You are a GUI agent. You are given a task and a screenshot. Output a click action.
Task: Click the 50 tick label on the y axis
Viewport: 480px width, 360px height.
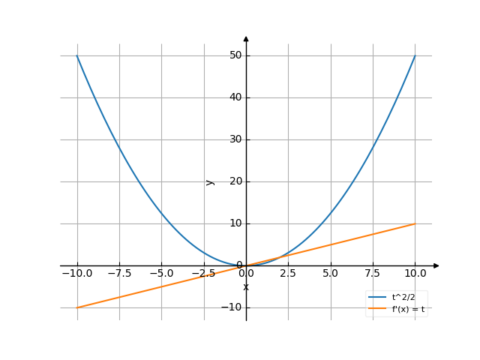click(x=235, y=55)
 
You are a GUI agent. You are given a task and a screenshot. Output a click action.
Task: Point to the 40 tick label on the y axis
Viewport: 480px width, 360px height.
click(x=235, y=97)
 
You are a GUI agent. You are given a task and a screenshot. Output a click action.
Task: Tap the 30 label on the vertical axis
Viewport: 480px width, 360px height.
click(x=235, y=139)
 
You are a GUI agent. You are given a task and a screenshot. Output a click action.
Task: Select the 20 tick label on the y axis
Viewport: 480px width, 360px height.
click(x=235, y=181)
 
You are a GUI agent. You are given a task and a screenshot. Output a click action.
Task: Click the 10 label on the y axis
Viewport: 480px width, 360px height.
click(x=235, y=223)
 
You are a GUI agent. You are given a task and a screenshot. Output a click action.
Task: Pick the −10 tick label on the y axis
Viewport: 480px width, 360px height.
click(x=233, y=307)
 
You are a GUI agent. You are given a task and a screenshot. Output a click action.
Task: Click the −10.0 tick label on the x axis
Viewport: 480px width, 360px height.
click(x=76, y=274)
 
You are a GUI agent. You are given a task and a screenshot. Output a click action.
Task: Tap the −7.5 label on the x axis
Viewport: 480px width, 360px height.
click(x=118, y=274)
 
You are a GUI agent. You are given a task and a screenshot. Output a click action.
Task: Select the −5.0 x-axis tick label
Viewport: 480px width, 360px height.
click(x=161, y=274)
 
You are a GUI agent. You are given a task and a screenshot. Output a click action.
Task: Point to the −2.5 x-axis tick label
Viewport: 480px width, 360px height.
click(x=203, y=274)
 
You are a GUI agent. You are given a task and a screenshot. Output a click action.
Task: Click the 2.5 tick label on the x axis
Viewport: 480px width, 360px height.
click(x=288, y=274)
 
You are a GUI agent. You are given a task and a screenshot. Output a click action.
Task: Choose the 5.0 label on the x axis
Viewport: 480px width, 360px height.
click(x=330, y=274)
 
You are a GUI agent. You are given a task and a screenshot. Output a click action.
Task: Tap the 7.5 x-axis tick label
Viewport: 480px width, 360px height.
click(x=372, y=274)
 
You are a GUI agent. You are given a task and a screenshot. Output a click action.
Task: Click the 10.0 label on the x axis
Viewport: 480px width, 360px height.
click(x=415, y=274)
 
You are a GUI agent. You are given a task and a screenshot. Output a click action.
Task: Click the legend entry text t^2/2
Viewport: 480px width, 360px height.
click(x=403, y=297)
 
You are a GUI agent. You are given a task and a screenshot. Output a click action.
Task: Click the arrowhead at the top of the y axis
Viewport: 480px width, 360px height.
click(x=246, y=37)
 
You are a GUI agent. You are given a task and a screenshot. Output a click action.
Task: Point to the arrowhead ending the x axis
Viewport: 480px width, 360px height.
click(x=436, y=265)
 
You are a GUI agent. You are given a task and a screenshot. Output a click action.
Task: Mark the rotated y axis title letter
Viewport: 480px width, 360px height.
click(x=211, y=181)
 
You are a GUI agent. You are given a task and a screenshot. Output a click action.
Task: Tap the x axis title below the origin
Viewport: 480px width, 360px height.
click(x=246, y=287)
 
